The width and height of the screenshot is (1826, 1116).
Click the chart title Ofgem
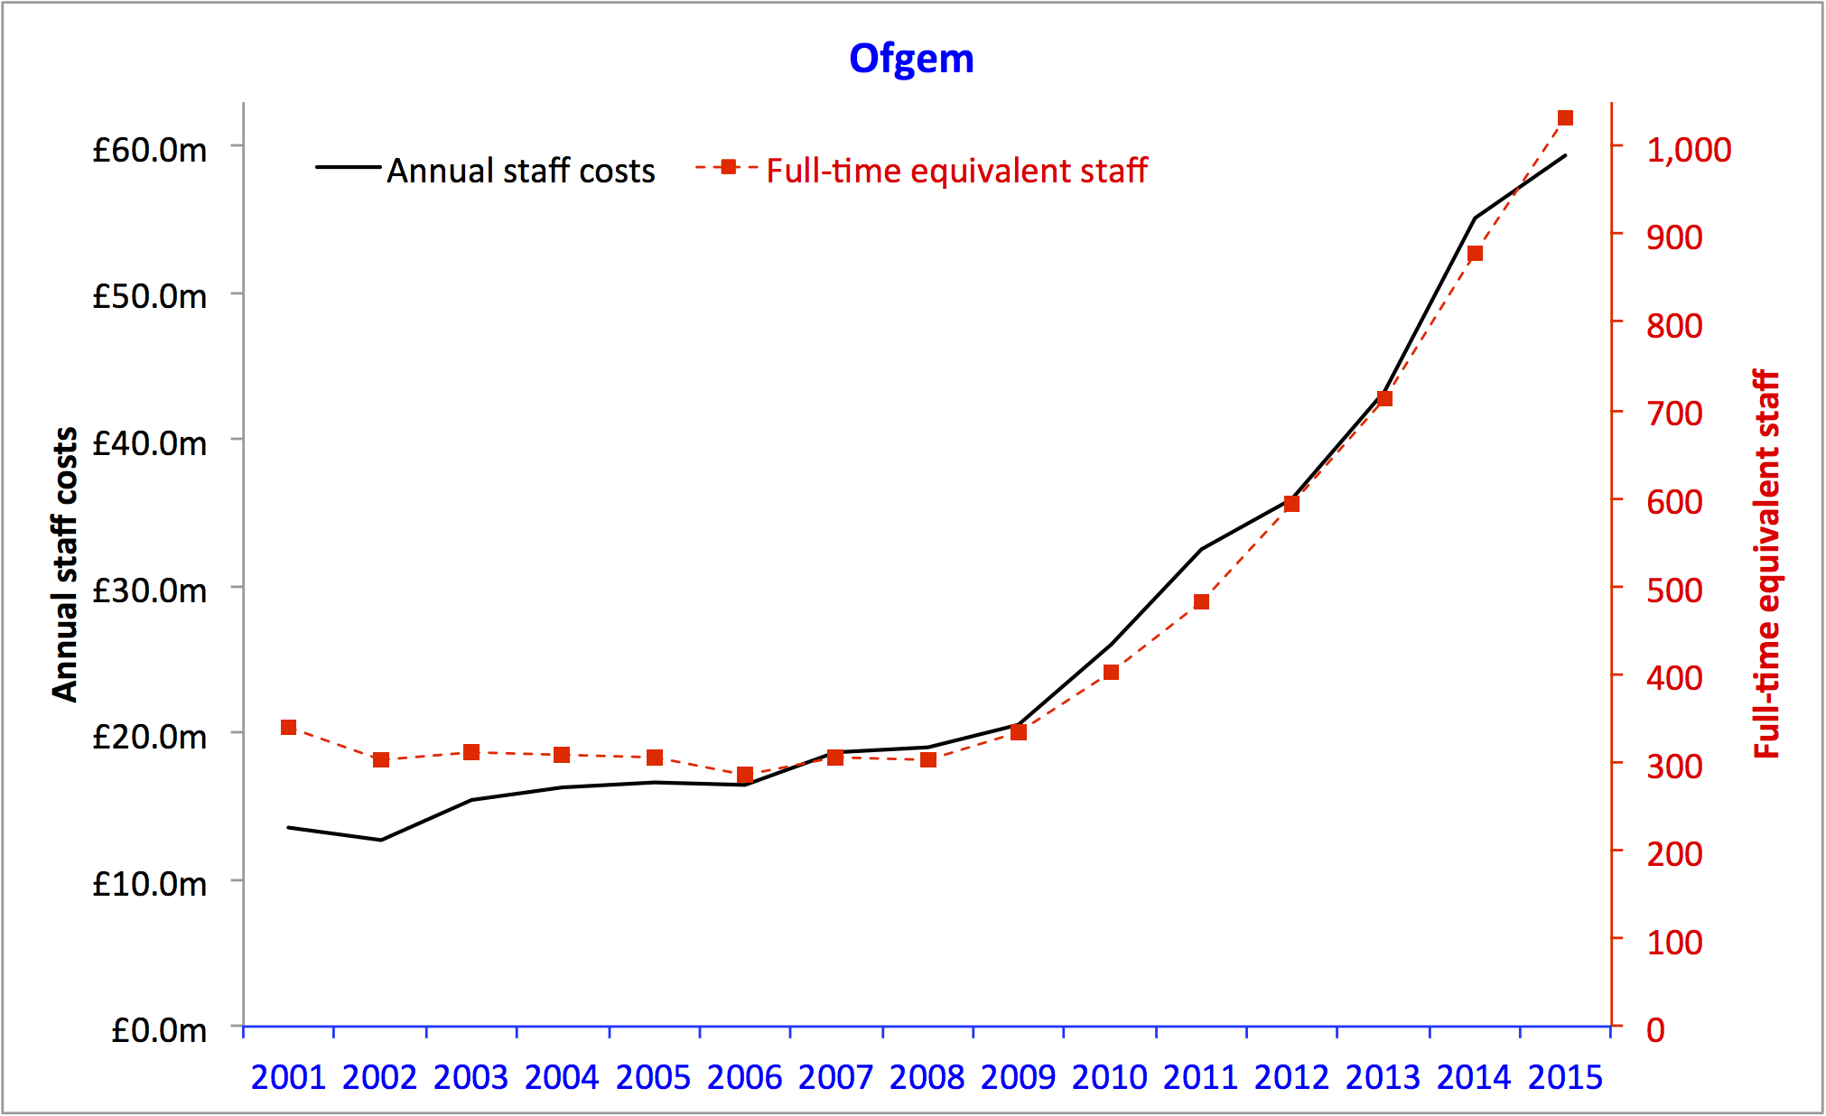tap(911, 59)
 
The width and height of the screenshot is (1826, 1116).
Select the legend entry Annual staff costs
tap(520, 171)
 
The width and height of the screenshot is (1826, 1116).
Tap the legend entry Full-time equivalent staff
tap(955, 171)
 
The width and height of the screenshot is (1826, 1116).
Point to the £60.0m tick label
tap(150, 150)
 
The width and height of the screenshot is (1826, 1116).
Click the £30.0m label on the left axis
tap(150, 591)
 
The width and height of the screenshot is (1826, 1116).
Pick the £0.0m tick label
tap(159, 1030)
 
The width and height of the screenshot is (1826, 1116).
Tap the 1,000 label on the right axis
tap(1688, 150)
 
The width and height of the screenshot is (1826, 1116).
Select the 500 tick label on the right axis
tap(1673, 591)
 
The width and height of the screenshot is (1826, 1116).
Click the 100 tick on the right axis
tap(1673, 943)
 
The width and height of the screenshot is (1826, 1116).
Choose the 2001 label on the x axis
tap(288, 1077)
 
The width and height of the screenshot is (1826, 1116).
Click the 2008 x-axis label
tap(927, 1077)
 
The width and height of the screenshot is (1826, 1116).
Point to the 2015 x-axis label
tap(1565, 1077)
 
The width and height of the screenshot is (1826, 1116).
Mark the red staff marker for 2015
tap(1565, 118)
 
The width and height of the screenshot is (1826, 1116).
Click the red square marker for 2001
tap(289, 728)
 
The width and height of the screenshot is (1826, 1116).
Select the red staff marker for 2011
tap(1201, 601)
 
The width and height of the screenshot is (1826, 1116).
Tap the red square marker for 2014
tap(1475, 254)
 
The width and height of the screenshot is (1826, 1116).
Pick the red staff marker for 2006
tap(745, 775)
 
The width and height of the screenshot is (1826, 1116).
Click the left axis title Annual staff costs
tap(65, 564)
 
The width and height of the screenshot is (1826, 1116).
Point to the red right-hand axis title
tap(1766, 564)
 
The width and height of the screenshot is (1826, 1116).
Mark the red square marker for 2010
tap(1111, 673)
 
